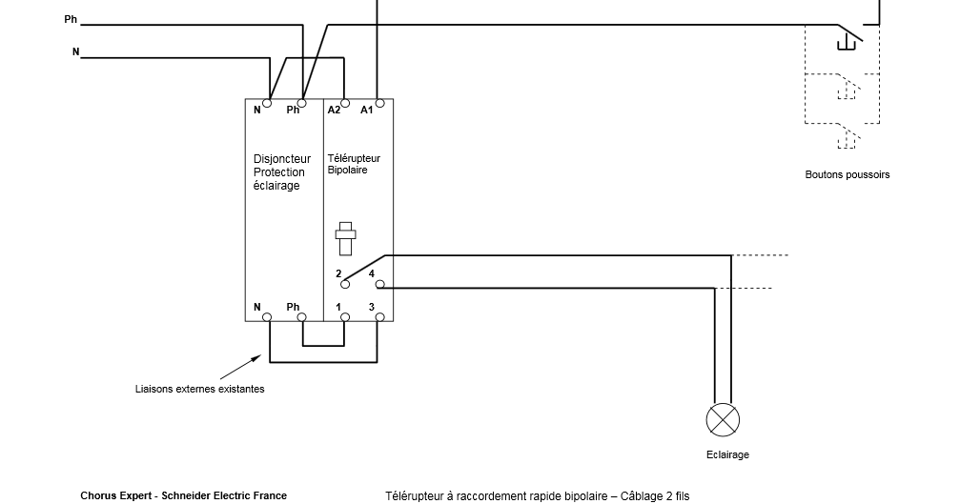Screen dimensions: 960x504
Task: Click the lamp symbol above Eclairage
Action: click(x=723, y=420)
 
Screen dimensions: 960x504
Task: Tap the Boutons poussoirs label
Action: click(x=847, y=175)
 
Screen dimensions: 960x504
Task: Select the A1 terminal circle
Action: click(x=379, y=103)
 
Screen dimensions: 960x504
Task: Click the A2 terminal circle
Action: click(x=345, y=103)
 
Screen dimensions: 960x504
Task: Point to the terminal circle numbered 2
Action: click(x=345, y=285)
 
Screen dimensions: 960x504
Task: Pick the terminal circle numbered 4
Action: click(x=379, y=285)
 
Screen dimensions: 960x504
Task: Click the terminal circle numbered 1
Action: click(x=345, y=317)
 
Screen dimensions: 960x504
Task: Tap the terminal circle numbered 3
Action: click(x=379, y=317)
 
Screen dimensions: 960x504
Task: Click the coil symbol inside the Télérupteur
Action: click(x=345, y=238)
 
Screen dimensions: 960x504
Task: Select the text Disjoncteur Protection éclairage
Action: click(x=281, y=172)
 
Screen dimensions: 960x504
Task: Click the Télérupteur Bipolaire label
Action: click(x=354, y=164)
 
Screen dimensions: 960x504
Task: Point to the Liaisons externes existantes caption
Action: click(x=199, y=389)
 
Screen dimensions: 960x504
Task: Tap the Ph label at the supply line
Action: click(x=71, y=20)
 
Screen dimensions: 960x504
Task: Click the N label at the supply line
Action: click(x=76, y=52)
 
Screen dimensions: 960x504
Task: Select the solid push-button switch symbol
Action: click(x=849, y=37)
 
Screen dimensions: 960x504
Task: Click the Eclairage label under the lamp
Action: click(x=727, y=455)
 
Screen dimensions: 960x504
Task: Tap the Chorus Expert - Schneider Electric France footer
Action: click(x=184, y=495)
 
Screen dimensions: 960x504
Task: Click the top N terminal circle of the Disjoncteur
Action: click(x=267, y=103)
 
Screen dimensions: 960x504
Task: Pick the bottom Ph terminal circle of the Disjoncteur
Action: click(x=302, y=317)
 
